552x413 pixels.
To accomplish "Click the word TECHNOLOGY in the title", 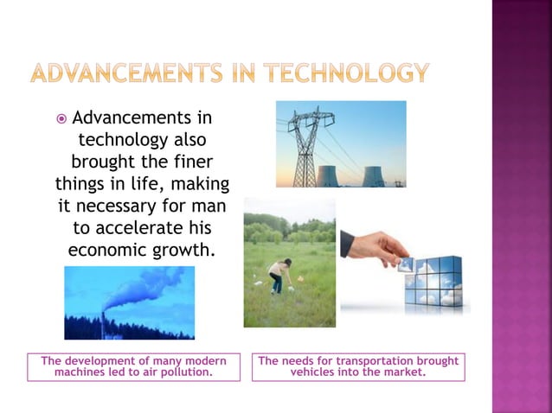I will click(346, 73).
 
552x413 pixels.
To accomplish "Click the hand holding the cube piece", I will click(374, 247).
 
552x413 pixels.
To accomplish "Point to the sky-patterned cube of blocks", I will click(433, 281).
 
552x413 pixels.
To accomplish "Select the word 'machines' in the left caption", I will click(80, 372).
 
